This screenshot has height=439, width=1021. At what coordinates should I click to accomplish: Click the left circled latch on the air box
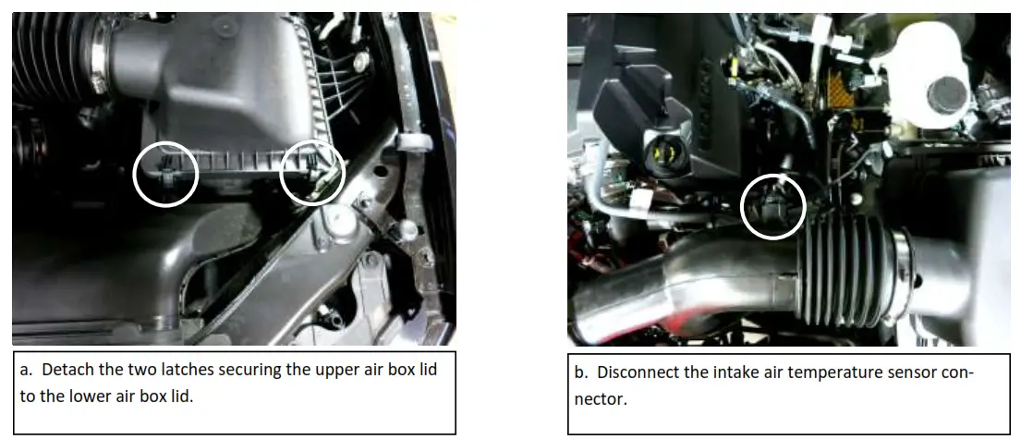tap(165, 173)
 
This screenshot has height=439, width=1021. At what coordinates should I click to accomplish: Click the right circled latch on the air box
tap(312, 172)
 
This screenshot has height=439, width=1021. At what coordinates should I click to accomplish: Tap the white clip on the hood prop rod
tap(413, 141)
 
